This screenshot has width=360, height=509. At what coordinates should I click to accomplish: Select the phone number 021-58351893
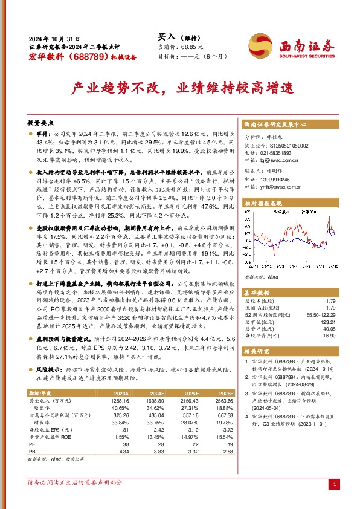[278, 154]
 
